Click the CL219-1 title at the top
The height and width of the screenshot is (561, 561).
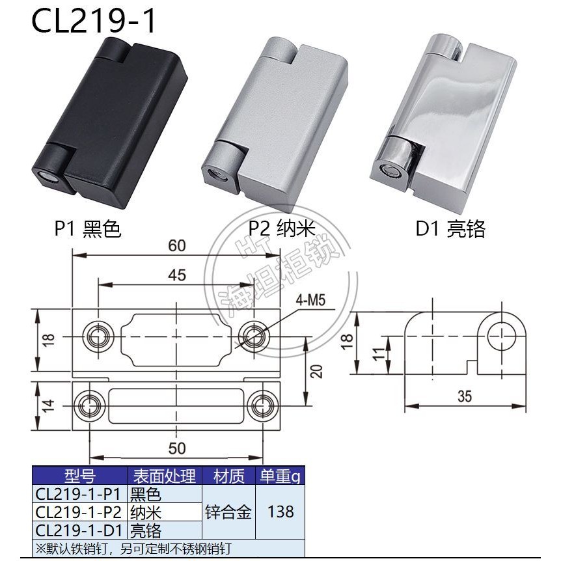pos(94,21)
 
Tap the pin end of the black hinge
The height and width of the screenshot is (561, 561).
pos(45,177)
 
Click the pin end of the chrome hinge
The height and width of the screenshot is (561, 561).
pos(387,171)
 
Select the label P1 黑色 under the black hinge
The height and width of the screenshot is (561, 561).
pos(88,229)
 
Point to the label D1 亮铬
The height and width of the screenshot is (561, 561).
pos(450,229)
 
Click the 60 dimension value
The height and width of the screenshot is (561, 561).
pos(177,246)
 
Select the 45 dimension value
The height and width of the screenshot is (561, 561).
pos(177,275)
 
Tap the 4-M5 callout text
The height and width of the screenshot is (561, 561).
pos(310,300)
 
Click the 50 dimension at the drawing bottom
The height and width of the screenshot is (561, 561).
pos(177,448)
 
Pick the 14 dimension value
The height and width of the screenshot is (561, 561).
pos(48,405)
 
